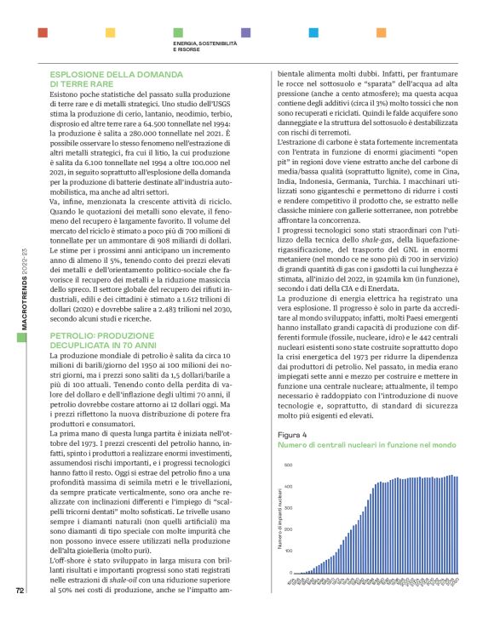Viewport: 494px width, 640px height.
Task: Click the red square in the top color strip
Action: coord(42,32)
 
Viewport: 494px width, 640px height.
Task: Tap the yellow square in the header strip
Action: coord(109,32)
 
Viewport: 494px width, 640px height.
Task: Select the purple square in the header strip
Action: coord(245,32)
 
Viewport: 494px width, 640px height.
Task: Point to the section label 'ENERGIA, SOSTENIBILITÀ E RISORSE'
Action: coord(205,47)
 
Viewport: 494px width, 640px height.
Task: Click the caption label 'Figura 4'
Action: coord(291,435)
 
